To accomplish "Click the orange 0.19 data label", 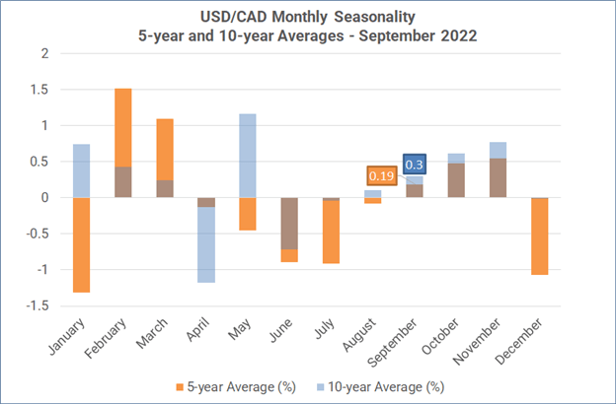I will tap(381, 175).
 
